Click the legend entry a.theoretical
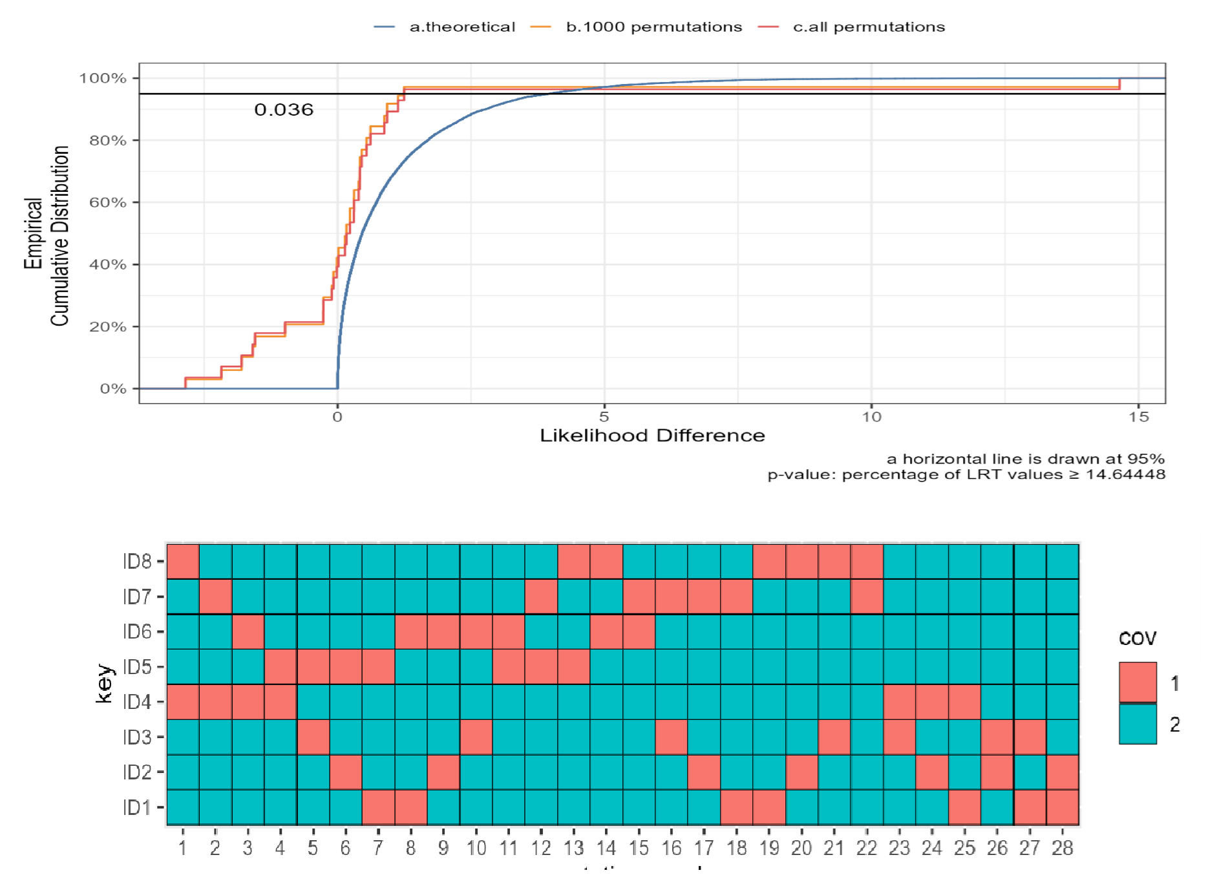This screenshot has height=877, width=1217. pyautogui.click(x=461, y=27)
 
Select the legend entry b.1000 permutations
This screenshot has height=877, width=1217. pyautogui.click(x=653, y=27)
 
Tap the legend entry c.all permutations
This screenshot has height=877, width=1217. pyautogui.click(x=868, y=27)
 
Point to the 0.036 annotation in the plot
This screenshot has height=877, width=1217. pyautogui.click(x=284, y=110)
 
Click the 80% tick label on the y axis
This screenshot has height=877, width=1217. pyautogui.click(x=108, y=140)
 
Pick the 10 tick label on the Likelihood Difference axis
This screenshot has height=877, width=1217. pyautogui.click(x=871, y=417)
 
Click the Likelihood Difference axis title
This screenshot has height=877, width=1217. pyautogui.click(x=652, y=436)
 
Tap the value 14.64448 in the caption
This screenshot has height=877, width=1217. pyautogui.click(x=1125, y=474)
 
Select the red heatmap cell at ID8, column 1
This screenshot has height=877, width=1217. pyautogui.click(x=183, y=561)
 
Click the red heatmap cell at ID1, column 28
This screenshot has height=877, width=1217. pyautogui.click(x=1063, y=807)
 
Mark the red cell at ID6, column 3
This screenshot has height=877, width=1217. pyautogui.click(x=248, y=631)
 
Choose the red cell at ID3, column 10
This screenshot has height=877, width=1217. pyautogui.click(x=476, y=737)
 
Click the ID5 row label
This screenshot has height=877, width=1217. pyautogui.click(x=137, y=666)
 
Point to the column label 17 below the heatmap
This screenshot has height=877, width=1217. pyautogui.click(x=704, y=848)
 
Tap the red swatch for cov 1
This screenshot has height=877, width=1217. pyautogui.click(x=1138, y=682)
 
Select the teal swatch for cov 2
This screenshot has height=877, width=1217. pyautogui.click(x=1138, y=724)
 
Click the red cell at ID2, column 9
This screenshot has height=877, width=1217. pyautogui.click(x=443, y=772)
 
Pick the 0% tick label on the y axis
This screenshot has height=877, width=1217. pyautogui.click(x=113, y=388)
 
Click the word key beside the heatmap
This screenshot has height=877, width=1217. pyautogui.click(x=103, y=683)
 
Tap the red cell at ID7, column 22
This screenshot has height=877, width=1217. pyautogui.click(x=867, y=596)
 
